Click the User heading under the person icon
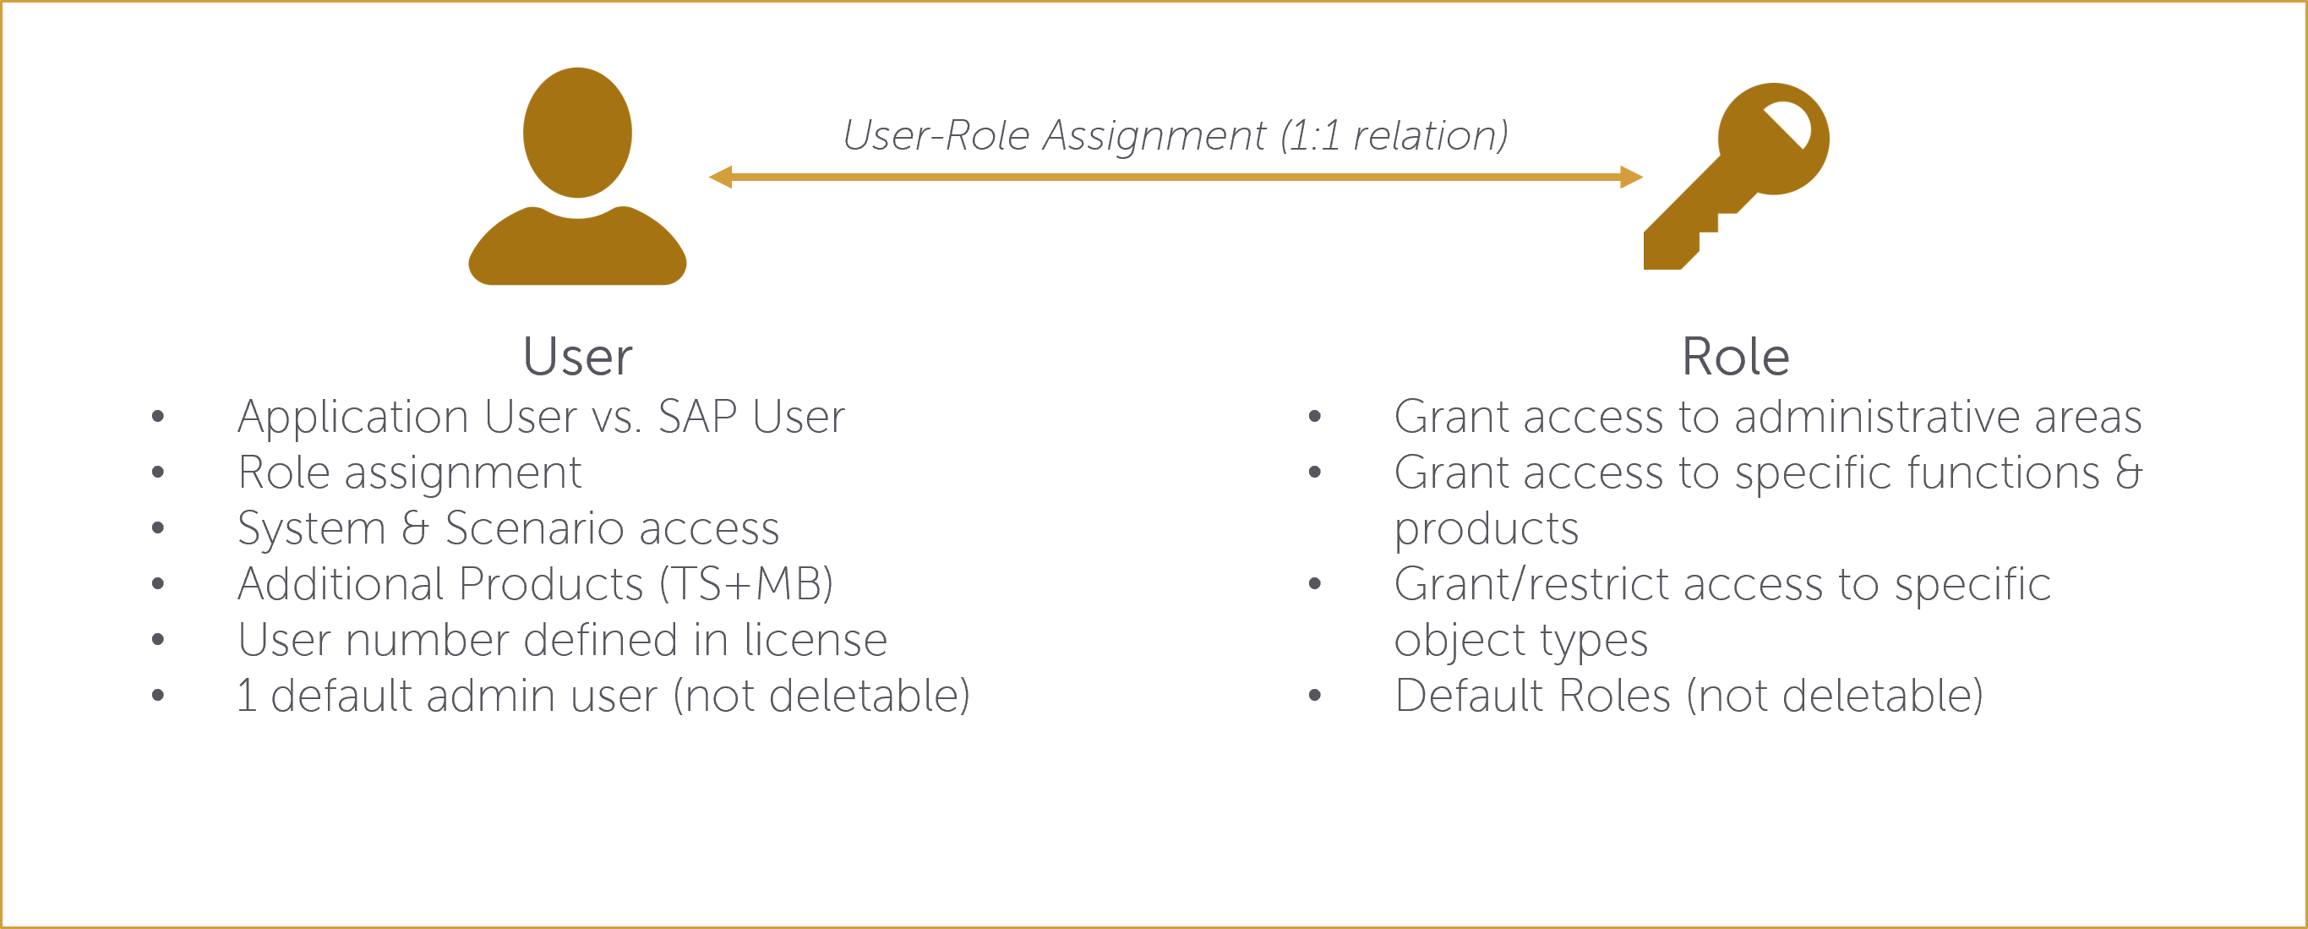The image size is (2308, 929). (577, 357)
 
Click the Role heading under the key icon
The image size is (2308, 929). (1736, 357)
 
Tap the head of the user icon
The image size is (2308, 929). (577, 133)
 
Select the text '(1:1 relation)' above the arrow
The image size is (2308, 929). (1394, 136)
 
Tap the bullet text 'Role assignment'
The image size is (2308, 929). (409, 473)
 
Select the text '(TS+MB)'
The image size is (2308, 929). (746, 584)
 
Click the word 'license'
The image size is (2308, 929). (816, 640)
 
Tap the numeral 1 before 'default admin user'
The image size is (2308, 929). (247, 695)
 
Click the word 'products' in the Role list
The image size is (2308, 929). (1487, 528)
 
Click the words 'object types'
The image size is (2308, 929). (1520, 641)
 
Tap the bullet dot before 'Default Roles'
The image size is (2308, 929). (1314, 695)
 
